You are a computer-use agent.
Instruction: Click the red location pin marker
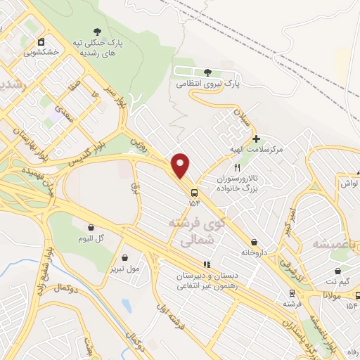tap(181, 165)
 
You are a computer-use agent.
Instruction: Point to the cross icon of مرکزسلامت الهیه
tap(256, 139)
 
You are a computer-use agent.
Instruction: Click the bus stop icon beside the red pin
tap(194, 191)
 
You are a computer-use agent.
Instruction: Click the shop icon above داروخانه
tap(253, 241)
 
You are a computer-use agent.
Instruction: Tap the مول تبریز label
tap(124, 268)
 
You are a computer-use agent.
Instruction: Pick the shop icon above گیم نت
tap(339, 270)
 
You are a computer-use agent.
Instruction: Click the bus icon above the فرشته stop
tap(291, 292)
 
